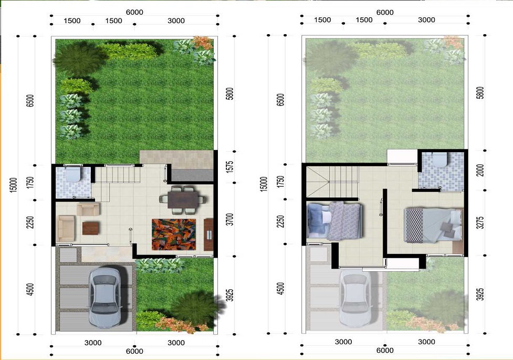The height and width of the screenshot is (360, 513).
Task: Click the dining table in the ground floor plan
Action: point(183,199)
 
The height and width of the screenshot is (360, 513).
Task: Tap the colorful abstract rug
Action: point(174,234)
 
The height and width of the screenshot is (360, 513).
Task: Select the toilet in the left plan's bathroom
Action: point(73,174)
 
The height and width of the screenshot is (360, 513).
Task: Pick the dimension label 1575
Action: point(230,167)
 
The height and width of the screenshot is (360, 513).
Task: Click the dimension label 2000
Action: point(480,170)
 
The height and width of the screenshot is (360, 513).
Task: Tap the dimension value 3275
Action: point(480,223)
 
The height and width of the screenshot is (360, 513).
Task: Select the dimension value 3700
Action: point(230,219)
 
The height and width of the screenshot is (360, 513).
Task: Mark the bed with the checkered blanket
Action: point(433,225)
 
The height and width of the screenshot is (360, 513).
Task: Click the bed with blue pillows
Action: point(334,221)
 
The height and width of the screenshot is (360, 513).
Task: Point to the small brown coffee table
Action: point(91,228)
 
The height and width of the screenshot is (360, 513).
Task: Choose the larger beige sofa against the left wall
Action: point(66,229)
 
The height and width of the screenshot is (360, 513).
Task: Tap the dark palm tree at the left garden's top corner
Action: point(79,59)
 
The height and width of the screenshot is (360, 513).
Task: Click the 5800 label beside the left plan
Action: point(230,93)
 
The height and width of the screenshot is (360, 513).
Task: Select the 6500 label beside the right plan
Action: point(281,100)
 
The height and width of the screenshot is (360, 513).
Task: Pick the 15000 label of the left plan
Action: point(13,185)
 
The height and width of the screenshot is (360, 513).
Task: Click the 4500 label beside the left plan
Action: point(30,290)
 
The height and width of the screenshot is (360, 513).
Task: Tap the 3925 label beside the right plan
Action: point(480,294)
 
